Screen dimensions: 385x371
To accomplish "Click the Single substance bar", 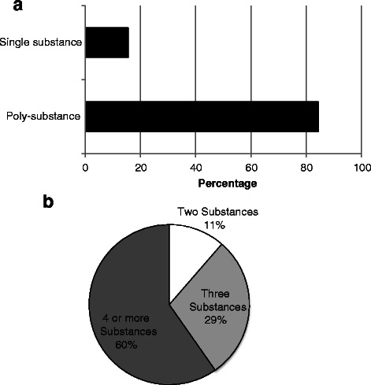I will click(106, 42).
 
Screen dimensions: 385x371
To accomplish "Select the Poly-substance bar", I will click(201, 116).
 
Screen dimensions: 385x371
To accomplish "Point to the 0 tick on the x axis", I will click(85, 167).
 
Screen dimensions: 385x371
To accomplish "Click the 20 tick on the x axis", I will click(140, 167).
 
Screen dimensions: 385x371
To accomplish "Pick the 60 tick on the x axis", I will click(251, 167).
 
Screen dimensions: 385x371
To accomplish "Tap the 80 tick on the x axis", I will click(306, 167).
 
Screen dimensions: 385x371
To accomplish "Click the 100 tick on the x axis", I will click(361, 167).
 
